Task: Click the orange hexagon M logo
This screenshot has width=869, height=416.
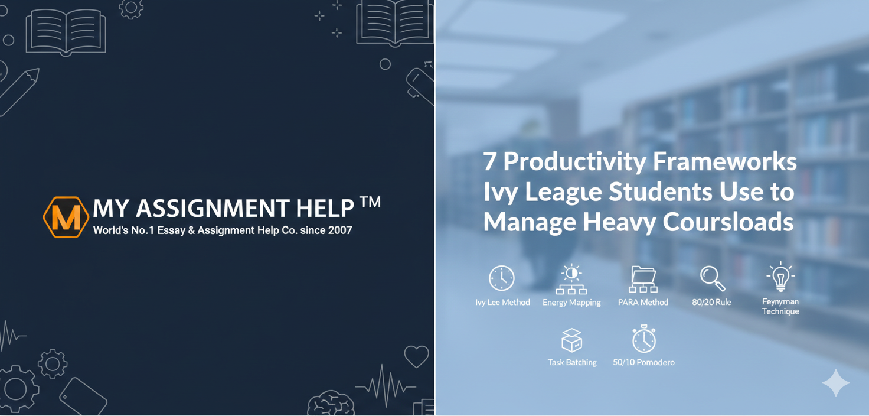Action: (66, 217)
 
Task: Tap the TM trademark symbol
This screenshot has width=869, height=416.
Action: (370, 203)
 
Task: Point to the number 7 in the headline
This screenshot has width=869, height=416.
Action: (489, 161)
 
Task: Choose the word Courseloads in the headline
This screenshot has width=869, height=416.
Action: (728, 222)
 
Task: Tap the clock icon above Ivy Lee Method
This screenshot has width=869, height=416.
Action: (502, 278)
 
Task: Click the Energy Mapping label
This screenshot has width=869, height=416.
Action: (571, 303)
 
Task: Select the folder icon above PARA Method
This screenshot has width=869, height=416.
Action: (643, 278)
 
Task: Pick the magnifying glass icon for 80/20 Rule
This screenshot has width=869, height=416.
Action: (712, 278)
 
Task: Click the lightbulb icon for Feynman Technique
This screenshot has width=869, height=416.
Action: (780, 277)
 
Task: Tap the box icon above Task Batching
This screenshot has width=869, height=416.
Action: (572, 340)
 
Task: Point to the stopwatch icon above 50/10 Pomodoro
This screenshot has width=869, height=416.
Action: (643, 339)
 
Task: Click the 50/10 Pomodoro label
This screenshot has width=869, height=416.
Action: (643, 362)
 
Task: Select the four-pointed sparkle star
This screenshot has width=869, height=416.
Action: (836, 383)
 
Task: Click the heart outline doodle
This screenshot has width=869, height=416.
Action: (416, 356)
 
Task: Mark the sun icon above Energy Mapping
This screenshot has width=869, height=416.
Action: (571, 273)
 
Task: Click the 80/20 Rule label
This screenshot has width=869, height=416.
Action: (711, 303)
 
